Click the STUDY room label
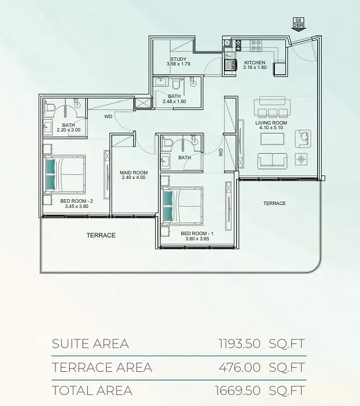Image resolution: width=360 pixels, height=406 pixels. tap(178, 59)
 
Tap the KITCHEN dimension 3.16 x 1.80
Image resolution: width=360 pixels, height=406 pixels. tap(255, 67)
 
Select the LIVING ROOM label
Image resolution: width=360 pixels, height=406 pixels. tap(271, 123)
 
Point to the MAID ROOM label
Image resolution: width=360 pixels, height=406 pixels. tap(134, 173)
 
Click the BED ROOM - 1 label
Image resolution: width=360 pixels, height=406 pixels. tap(197, 233)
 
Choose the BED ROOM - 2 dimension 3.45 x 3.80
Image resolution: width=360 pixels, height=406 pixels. tap(76, 206)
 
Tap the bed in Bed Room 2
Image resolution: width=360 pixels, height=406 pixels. tap(64, 174)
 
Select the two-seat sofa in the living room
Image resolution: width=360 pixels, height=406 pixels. tap(272, 161)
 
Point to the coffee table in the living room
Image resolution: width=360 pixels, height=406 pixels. tap(272, 139)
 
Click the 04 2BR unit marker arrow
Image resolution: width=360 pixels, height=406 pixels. tap(299, 24)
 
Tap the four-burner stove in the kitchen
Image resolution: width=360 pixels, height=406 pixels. tap(256, 45)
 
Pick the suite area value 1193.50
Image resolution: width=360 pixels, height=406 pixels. tap(240, 343)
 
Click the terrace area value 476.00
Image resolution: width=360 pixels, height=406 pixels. tap(240, 367)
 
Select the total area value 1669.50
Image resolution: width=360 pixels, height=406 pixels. tap(238, 390)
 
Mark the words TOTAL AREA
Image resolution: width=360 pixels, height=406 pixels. tap(92, 390)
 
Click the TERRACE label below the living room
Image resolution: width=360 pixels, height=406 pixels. tap(274, 203)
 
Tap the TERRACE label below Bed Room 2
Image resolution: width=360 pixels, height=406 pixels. tap(101, 235)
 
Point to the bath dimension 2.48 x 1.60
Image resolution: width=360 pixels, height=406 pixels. tap(174, 101)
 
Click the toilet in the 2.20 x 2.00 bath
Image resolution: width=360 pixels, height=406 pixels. tap(49, 108)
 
